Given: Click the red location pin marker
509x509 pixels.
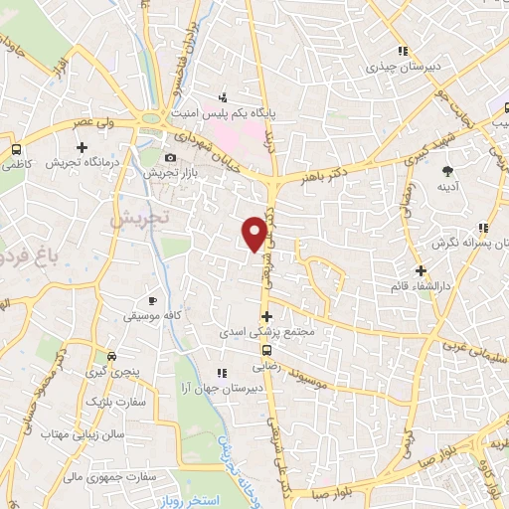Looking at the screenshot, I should (x=256, y=234).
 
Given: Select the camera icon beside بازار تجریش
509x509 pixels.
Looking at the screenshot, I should (x=170, y=158).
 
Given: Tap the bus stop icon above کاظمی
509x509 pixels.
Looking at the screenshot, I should (x=15, y=149).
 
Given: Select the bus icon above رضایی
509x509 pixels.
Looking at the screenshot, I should (x=265, y=350).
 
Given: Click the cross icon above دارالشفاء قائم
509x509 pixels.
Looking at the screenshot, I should (x=422, y=269).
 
